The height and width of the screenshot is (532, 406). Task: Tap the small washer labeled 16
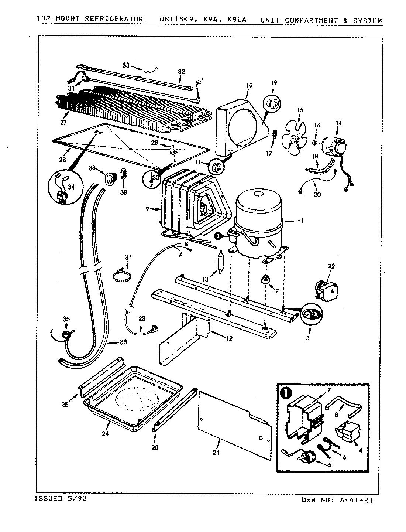314,142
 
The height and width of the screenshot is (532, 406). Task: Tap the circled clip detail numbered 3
310,314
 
